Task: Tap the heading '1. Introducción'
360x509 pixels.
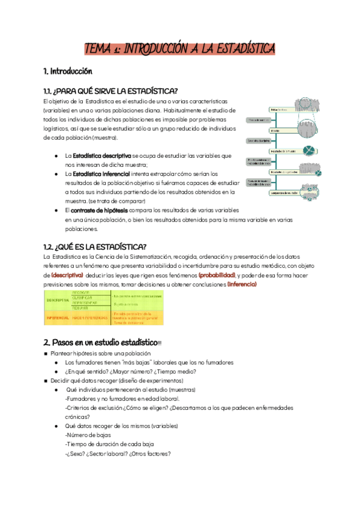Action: click(x=68, y=71)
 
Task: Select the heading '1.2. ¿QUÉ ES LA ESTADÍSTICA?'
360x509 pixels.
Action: click(x=95, y=247)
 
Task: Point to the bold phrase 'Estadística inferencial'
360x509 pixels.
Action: click(x=101, y=173)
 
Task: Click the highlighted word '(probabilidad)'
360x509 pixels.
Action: click(x=217, y=274)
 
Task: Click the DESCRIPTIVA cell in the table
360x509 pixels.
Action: click(x=58, y=300)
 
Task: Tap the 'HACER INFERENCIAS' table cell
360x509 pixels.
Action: click(x=90, y=316)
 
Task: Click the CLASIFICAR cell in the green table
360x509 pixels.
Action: click(x=83, y=298)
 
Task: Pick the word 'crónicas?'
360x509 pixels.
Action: click(x=77, y=417)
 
